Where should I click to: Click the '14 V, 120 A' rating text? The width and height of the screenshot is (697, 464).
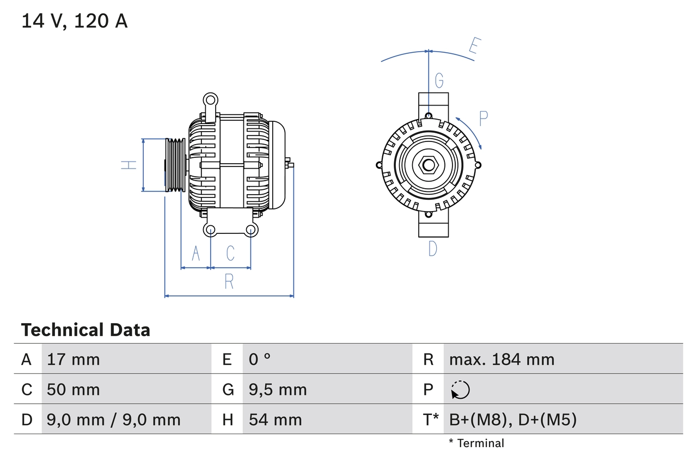pyautogui.click(x=75, y=21)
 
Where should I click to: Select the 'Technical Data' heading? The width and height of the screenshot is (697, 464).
pyautogui.click(x=85, y=330)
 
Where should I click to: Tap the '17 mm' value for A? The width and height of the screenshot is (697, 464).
pyautogui.click(x=74, y=359)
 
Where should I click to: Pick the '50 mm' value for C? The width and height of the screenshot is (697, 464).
pyautogui.click(x=74, y=389)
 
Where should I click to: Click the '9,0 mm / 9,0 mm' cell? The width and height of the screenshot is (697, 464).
pyautogui.click(x=114, y=419)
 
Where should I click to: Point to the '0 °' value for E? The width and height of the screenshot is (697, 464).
pyautogui.click(x=260, y=359)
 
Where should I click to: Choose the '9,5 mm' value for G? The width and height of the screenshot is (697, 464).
pyautogui.click(x=278, y=389)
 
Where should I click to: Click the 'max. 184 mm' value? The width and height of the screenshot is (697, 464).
pyautogui.click(x=502, y=359)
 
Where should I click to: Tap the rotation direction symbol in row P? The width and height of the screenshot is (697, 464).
pyautogui.click(x=460, y=389)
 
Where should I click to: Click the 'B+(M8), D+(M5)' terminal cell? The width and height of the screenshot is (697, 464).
pyautogui.click(x=512, y=419)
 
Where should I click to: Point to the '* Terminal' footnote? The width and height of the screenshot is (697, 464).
pyautogui.click(x=476, y=443)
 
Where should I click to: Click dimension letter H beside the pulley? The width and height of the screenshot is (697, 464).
pyautogui.click(x=129, y=165)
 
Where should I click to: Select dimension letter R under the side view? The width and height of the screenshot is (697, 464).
pyautogui.click(x=229, y=282)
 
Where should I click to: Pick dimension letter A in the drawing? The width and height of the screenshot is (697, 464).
pyautogui.click(x=195, y=253)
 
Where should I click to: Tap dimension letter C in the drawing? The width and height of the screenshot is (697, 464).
pyautogui.click(x=230, y=253)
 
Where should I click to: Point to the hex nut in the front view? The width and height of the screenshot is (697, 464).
pyautogui.click(x=429, y=165)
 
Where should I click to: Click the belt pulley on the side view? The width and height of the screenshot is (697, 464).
pyautogui.click(x=175, y=165)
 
